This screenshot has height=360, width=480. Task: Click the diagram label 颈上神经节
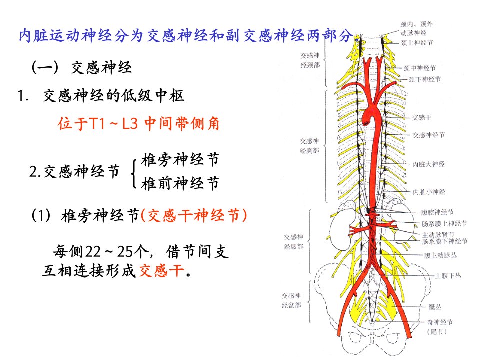tap(417, 43)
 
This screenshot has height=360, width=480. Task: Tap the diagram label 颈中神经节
tap(419, 68)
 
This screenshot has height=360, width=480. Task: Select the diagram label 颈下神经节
tap(425, 79)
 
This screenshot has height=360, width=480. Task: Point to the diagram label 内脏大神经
tap(428, 164)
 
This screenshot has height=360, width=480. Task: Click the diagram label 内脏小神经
tap(429, 192)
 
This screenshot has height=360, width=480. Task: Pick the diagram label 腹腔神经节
tap(437, 212)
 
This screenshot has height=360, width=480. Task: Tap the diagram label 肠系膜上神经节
tap(445, 224)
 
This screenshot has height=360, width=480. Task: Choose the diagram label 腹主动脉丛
tap(440, 255)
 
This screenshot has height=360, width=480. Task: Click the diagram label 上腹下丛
tap(448, 276)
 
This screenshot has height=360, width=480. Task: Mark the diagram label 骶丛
tap(435, 306)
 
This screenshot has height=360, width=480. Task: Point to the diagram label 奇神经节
tap(440, 322)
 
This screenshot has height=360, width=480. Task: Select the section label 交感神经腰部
tap(294, 242)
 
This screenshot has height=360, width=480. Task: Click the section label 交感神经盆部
tap(291, 300)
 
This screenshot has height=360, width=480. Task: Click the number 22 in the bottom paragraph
tap(93, 252)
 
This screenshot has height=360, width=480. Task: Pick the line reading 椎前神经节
tap(180, 183)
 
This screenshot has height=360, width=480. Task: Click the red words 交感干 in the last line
tap(162, 271)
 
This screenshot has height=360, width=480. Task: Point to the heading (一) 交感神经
tap(81, 67)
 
